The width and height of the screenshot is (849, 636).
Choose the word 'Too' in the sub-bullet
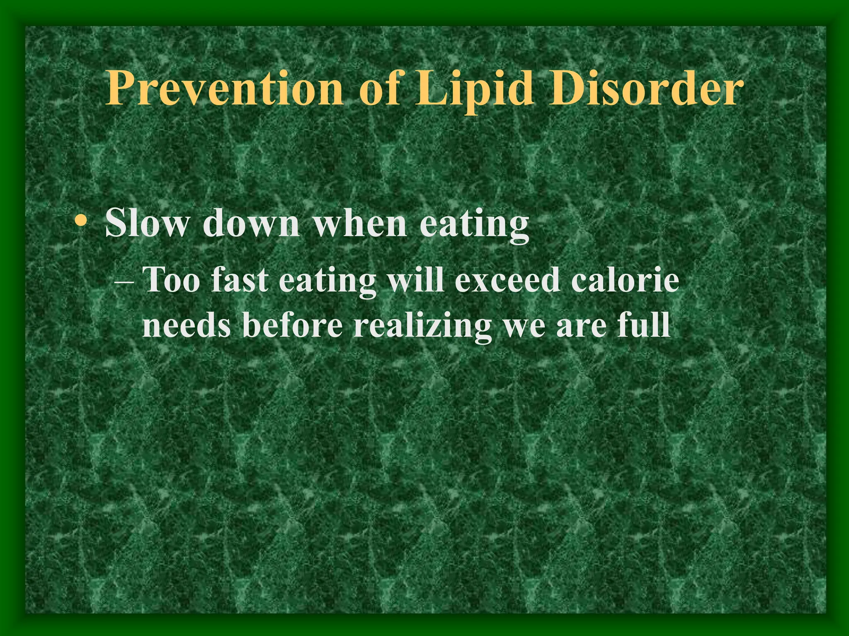click(171, 280)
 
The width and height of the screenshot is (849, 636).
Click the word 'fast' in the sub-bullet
click(240, 280)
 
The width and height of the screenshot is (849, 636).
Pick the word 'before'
click(293, 325)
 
